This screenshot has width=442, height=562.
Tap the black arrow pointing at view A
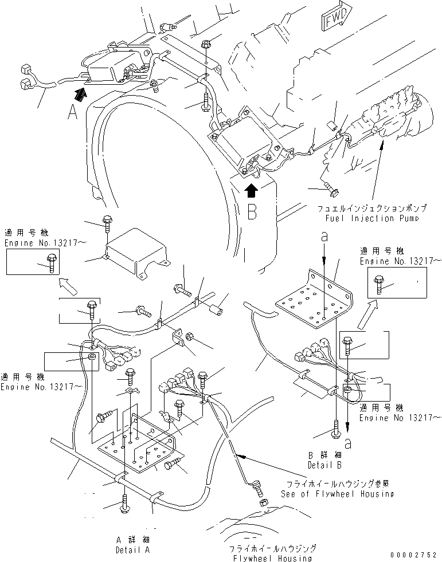point(81,90)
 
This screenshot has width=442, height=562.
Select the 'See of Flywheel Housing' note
point(337,494)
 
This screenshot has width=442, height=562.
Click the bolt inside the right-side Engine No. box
point(379,284)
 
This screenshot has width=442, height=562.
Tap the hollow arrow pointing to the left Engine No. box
point(67,284)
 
